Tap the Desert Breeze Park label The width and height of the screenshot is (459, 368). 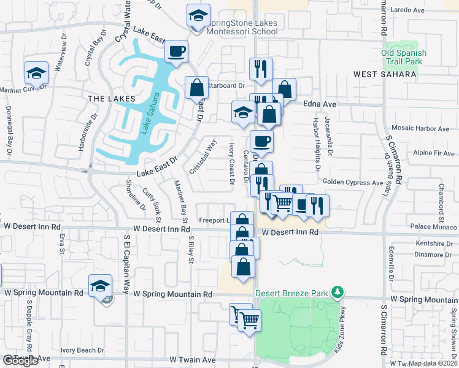click(x=291, y=293)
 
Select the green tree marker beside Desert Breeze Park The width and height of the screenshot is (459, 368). click(x=336, y=292)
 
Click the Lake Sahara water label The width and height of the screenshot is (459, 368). click(x=150, y=113)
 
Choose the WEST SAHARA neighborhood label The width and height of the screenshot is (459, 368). click(x=385, y=74)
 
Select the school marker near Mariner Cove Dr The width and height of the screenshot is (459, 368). click(x=36, y=73)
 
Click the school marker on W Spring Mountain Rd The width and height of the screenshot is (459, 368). click(x=100, y=286)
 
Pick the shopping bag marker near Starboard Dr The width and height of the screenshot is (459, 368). click(x=197, y=87)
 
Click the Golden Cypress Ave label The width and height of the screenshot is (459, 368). click(x=353, y=183)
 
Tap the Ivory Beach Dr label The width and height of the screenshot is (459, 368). click(x=82, y=350)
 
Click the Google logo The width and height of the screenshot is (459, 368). click(x=21, y=361)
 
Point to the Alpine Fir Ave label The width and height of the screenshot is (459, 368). click(x=433, y=153)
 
